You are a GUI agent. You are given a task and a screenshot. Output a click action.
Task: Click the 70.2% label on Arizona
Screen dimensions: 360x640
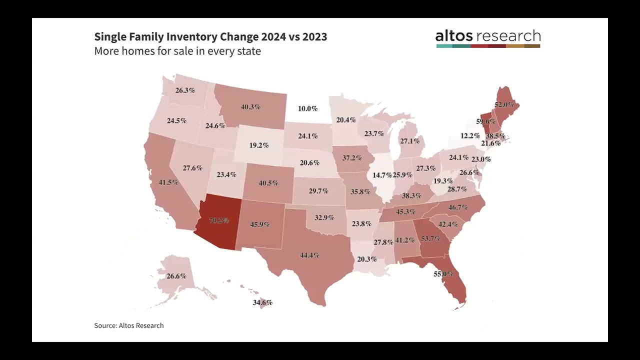tap(219, 220)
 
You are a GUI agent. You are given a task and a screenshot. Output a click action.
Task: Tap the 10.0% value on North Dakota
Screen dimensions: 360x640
tap(307, 108)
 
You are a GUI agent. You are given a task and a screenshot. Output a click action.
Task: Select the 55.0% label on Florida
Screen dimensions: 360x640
tap(443, 274)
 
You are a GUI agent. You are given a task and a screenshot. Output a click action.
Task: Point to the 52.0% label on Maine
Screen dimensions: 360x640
tap(504, 105)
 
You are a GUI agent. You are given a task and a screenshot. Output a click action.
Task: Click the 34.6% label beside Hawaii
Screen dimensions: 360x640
tap(262, 302)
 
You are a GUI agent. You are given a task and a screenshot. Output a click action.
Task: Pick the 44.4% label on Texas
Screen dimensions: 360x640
tap(309, 255)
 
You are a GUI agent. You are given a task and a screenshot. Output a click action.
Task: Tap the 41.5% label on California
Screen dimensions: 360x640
tap(168, 182)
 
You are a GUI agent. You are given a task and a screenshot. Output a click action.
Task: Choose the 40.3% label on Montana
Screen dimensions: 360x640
tap(250, 107)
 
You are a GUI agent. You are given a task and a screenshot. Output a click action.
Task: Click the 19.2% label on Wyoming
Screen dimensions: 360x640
tap(259, 145)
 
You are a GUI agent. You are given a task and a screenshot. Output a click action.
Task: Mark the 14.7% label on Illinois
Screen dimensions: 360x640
tap(382, 175)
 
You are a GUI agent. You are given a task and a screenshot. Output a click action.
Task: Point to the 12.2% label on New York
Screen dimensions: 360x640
tap(470, 136)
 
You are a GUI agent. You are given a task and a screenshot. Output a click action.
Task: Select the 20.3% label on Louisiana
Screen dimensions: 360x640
tap(367, 259)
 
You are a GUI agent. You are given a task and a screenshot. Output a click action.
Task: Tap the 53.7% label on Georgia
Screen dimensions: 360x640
tap(430, 239)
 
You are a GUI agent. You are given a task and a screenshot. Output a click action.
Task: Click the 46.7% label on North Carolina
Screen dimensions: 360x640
tap(458, 207)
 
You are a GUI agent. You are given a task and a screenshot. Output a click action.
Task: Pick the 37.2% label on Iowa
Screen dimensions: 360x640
tap(352, 158)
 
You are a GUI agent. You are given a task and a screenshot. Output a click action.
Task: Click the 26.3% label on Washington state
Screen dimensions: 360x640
tap(185, 90)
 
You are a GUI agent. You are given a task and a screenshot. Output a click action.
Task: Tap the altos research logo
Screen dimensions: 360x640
tap(488, 38)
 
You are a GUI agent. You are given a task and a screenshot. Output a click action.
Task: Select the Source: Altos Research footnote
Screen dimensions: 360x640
tap(129, 325)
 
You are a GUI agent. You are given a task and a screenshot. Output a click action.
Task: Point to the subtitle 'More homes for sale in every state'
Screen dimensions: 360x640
tap(177, 51)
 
